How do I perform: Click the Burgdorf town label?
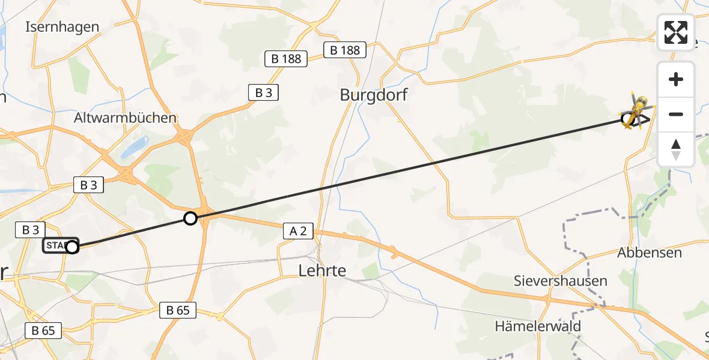(x=373, y=95)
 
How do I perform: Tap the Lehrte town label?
(x=322, y=271)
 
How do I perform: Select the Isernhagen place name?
(x=62, y=27)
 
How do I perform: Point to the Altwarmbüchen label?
(x=125, y=118)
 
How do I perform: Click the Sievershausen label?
(x=560, y=281)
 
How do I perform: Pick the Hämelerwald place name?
(x=538, y=326)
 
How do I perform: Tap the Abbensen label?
(x=650, y=253)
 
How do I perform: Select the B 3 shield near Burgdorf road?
(x=263, y=92)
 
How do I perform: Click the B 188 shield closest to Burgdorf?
(x=345, y=50)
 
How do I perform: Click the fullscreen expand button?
(x=676, y=32)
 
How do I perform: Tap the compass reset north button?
(x=676, y=149)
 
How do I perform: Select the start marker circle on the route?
(x=72, y=247)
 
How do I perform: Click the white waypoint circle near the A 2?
(x=190, y=218)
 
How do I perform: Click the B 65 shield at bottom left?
(x=43, y=330)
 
